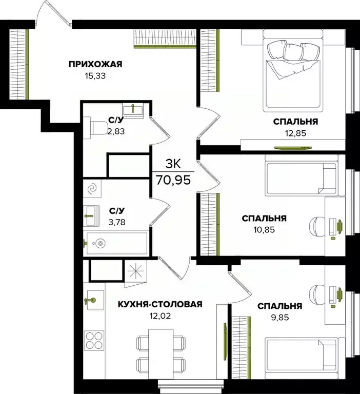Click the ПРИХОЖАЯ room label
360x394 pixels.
[x=95, y=64]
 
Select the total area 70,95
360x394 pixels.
[x=172, y=180]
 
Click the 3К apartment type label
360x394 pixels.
[x=172, y=164]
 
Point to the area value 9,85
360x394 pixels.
[x=279, y=318]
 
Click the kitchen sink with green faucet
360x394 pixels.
[x=92, y=299]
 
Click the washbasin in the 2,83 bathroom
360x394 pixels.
[x=134, y=108]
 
